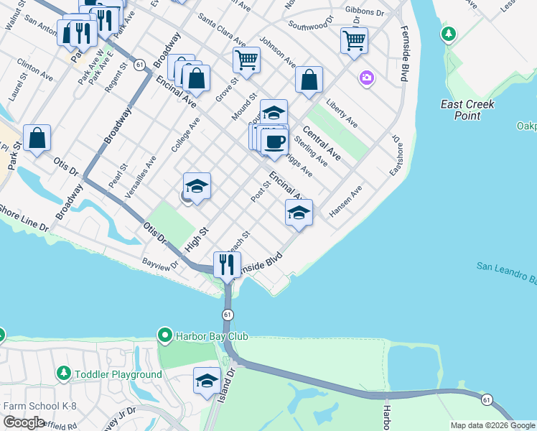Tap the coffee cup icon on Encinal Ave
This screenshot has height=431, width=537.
coord(274,141)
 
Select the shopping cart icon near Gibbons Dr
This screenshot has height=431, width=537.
coord(354,40)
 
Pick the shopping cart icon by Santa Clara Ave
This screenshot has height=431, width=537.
coord(246,60)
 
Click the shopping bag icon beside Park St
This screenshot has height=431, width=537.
coord(37,138)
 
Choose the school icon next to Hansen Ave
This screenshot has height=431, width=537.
coord(299,213)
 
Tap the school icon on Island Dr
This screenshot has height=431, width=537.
coord(207,380)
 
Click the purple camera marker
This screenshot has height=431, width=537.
coord(367,78)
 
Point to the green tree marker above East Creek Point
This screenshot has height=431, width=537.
coord(449,34)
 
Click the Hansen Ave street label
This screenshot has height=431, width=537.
coord(346,203)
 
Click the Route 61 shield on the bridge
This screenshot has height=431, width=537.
coord(228,315)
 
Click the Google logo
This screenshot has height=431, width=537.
coord(24,422)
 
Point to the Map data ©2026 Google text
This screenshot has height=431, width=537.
coord(492,425)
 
